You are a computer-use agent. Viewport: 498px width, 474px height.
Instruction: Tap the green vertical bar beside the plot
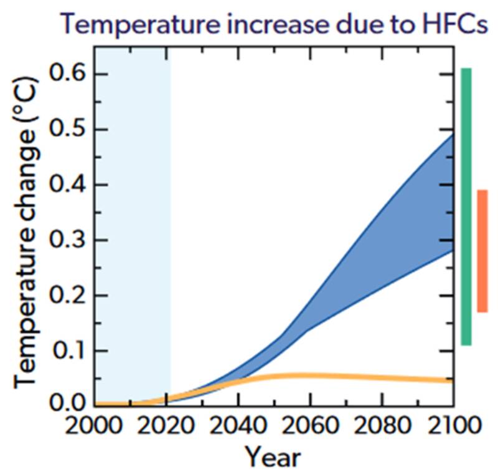pyautogui.click(x=466, y=206)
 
